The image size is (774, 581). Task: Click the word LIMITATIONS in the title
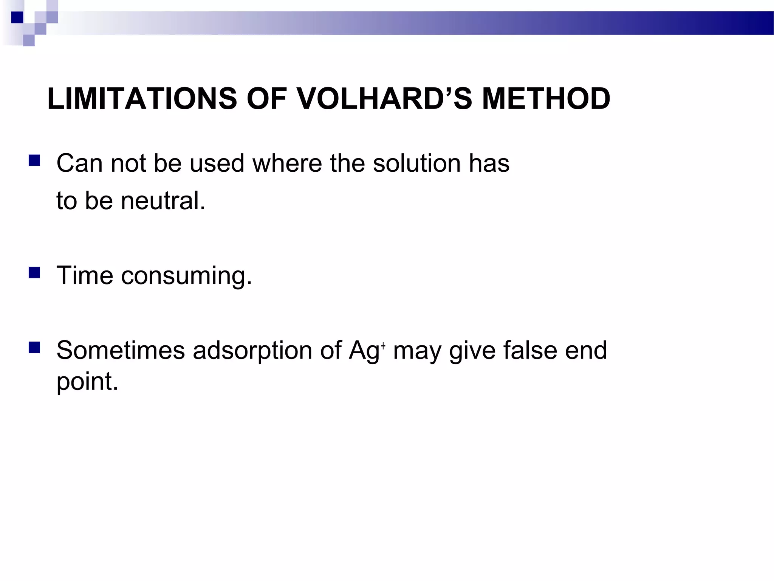click(142, 99)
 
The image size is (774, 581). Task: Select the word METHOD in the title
click(546, 99)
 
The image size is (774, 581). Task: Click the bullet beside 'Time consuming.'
click(34, 272)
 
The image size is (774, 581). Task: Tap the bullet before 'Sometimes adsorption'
click(34, 347)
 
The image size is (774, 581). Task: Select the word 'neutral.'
click(163, 200)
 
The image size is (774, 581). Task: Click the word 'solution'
click(416, 163)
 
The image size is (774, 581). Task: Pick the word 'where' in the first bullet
click(286, 163)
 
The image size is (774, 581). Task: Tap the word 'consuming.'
click(186, 276)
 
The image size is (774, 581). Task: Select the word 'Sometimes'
click(121, 350)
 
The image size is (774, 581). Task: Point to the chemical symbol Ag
click(364, 351)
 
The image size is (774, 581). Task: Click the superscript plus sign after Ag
click(383, 345)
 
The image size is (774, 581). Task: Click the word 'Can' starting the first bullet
click(79, 163)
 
